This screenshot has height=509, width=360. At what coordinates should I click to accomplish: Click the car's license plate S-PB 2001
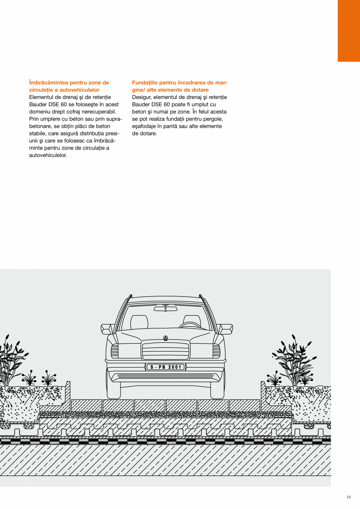point(166,367)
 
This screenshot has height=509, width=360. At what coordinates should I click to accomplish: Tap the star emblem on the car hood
point(166,338)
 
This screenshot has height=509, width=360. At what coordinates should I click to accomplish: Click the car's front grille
point(166,350)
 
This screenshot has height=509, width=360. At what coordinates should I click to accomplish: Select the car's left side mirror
point(108,329)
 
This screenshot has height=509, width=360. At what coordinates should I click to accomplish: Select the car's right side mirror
point(225,329)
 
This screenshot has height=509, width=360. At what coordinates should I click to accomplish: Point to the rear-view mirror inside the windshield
point(166,309)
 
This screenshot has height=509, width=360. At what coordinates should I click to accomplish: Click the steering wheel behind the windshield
point(191,325)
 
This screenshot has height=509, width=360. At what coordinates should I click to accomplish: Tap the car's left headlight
point(114,351)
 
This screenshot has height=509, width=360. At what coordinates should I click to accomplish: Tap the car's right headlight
point(216,351)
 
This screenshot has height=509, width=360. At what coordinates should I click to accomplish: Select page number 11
point(349,497)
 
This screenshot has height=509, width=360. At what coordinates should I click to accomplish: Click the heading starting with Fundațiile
point(180,86)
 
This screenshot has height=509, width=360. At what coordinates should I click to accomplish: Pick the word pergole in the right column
point(213,119)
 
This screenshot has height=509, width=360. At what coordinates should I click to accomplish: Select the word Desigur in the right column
point(141,97)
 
